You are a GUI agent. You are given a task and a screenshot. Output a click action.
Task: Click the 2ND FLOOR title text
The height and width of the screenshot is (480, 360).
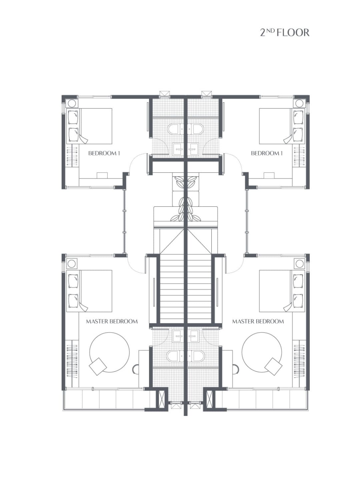[284, 33]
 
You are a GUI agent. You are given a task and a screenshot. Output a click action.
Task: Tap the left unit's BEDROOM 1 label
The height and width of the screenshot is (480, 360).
[104, 153]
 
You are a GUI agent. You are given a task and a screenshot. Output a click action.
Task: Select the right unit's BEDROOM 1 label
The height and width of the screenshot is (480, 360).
[267, 153]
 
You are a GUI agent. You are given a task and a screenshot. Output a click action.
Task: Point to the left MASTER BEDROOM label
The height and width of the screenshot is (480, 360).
[112, 321]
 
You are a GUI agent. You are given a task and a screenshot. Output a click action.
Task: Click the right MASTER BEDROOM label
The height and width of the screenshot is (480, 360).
[258, 321]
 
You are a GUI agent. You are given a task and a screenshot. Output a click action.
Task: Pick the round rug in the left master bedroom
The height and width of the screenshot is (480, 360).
[109, 352]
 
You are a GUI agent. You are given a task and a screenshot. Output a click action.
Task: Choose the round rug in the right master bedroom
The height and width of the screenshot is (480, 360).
[262, 352]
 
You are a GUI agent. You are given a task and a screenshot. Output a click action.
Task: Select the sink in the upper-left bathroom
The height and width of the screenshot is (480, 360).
[179, 149]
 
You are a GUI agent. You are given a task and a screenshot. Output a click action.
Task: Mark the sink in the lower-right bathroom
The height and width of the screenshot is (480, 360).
[193, 336]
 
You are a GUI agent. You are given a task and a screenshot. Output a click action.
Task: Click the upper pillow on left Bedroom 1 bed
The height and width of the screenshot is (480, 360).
[73, 117]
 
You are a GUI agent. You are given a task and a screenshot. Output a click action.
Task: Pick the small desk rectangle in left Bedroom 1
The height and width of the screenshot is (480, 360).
[102, 176]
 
